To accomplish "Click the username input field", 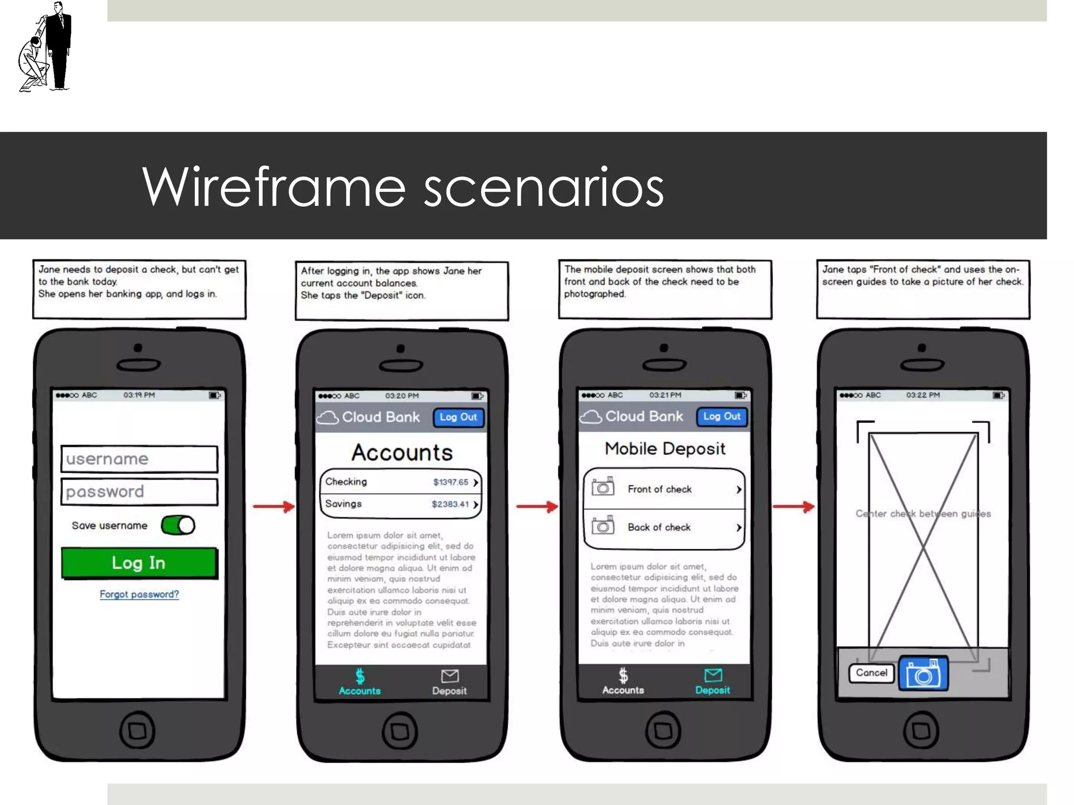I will point(139,459).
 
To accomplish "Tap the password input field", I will point(139,492).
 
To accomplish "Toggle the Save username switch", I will point(178,525).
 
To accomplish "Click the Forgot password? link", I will point(139,594).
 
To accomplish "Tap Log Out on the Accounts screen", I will point(458,417).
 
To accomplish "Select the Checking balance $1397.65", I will point(450,482).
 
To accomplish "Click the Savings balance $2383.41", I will point(450,504).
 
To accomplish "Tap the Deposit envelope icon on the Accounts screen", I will point(449,677).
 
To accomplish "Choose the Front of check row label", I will point(659,489).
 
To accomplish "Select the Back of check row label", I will point(659,527).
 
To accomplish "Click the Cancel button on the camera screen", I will point(871,672).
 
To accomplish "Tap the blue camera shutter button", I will point(923,673).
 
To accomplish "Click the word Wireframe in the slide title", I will point(273,187).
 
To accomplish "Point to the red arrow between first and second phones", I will point(274,506).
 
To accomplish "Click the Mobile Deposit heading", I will point(664,449).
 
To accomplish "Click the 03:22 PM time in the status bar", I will point(922,395).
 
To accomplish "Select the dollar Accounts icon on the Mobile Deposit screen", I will point(622,676).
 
